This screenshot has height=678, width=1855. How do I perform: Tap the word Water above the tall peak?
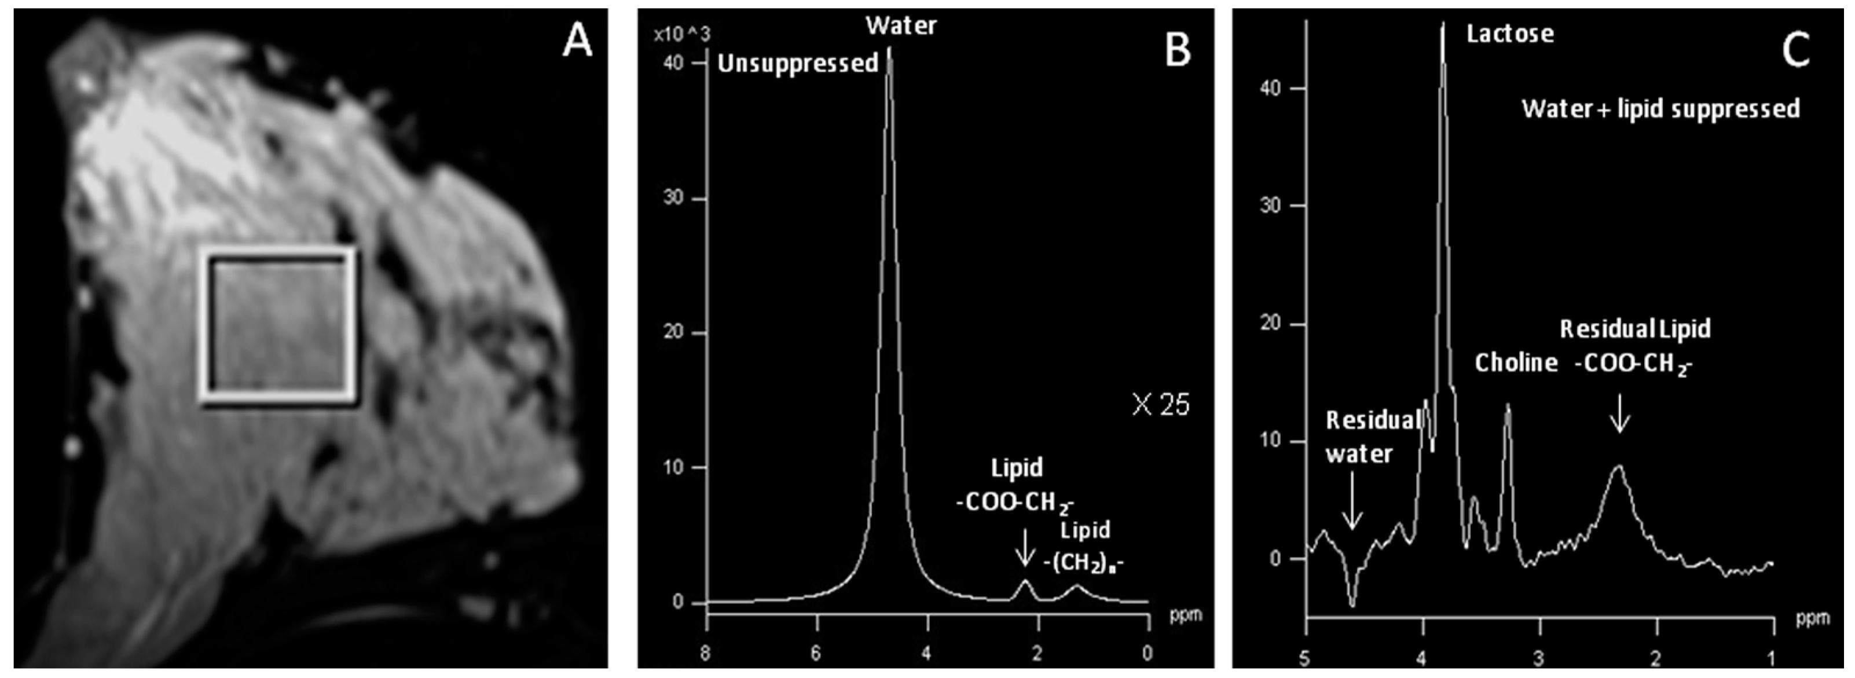tap(901, 26)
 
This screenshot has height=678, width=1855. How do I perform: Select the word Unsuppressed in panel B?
tap(798, 64)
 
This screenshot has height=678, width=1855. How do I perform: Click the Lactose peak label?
tap(1510, 34)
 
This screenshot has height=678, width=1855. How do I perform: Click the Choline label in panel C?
tap(1516, 362)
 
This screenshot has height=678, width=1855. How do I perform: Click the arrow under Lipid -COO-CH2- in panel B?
tap(1024, 548)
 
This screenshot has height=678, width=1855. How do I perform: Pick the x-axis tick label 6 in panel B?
tap(816, 654)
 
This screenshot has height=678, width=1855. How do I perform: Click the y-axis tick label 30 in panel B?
tap(673, 198)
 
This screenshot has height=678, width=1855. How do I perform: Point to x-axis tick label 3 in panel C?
tap(1539, 658)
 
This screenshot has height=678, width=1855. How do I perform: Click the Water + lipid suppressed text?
tap(1660, 109)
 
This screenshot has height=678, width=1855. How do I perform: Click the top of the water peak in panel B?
tap(889, 50)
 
